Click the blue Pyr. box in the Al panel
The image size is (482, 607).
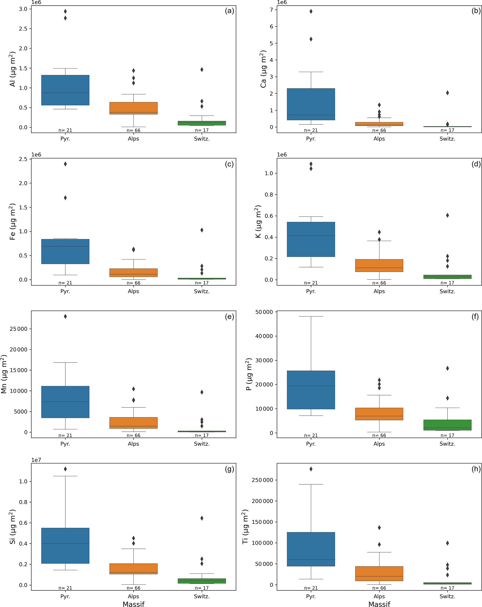(x=65, y=90)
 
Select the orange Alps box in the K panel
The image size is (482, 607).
(x=379, y=265)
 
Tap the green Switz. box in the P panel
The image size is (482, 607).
(x=447, y=425)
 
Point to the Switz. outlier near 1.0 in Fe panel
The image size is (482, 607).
(x=202, y=230)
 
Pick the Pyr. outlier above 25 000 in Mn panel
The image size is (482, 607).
(x=65, y=317)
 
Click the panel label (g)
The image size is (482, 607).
(x=229, y=469)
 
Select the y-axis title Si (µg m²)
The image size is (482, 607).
(x=13, y=527)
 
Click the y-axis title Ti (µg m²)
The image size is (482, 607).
(x=245, y=527)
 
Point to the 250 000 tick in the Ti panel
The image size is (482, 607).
(x=262, y=480)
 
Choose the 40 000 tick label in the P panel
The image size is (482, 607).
(x=264, y=336)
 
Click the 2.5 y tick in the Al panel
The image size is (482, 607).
(x=23, y=29)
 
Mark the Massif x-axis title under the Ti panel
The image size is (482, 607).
(x=379, y=604)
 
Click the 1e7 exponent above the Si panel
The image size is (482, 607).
(x=36, y=460)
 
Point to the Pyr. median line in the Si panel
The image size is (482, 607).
(x=65, y=543)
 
